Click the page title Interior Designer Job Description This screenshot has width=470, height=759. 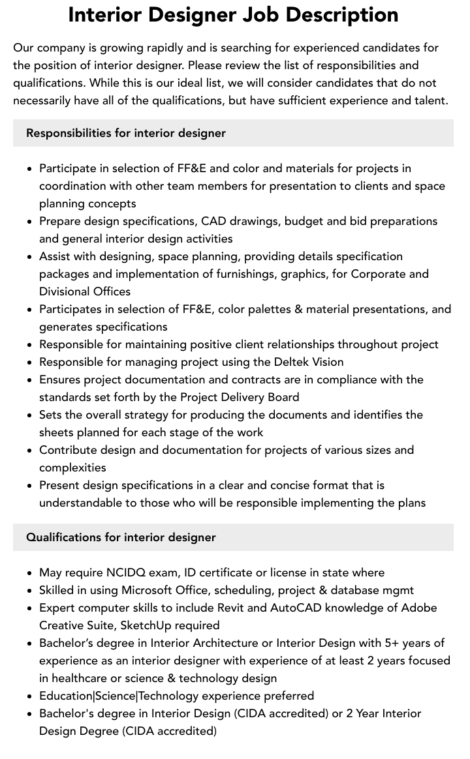pyautogui.click(x=233, y=15)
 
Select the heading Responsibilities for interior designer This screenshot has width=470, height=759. pyautogui.click(x=126, y=133)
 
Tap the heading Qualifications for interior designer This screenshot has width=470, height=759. pyautogui.click(x=121, y=537)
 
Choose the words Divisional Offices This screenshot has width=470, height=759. pyautogui.click(x=85, y=291)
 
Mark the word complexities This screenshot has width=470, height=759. pyautogui.click(x=72, y=468)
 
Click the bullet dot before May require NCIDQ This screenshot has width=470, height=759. pyautogui.click(x=30, y=573)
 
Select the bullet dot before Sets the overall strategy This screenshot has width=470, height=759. pyautogui.click(x=30, y=415)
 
